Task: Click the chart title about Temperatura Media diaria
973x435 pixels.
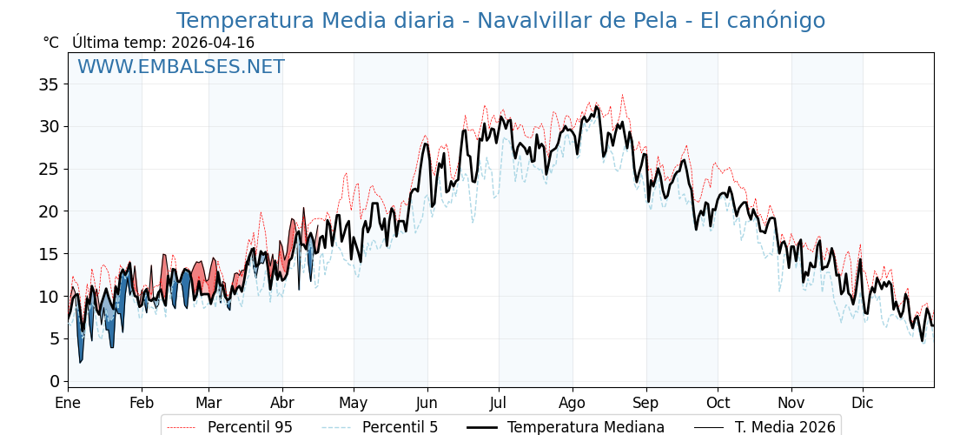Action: click(x=500, y=21)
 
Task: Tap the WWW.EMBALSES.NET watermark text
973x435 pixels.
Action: click(x=181, y=67)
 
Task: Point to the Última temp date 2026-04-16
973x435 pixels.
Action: click(x=213, y=43)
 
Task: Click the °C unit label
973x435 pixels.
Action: click(x=51, y=43)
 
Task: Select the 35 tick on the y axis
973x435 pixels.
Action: click(x=49, y=84)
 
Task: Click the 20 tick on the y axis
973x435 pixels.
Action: click(x=49, y=211)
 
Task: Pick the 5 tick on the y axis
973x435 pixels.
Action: click(x=54, y=339)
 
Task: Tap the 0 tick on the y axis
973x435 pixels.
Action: click(x=54, y=381)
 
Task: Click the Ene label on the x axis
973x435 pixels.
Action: click(x=68, y=403)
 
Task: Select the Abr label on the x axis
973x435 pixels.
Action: click(x=282, y=403)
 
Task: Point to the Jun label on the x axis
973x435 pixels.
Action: click(x=427, y=403)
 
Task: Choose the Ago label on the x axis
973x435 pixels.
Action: click(x=573, y=403)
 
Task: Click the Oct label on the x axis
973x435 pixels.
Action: click(x=718, y=403)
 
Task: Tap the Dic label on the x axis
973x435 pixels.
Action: click(x=863, y=403)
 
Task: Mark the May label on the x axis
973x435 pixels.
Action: click(x=354, y=403)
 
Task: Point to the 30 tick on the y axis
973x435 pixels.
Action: click(x=49, y=127)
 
